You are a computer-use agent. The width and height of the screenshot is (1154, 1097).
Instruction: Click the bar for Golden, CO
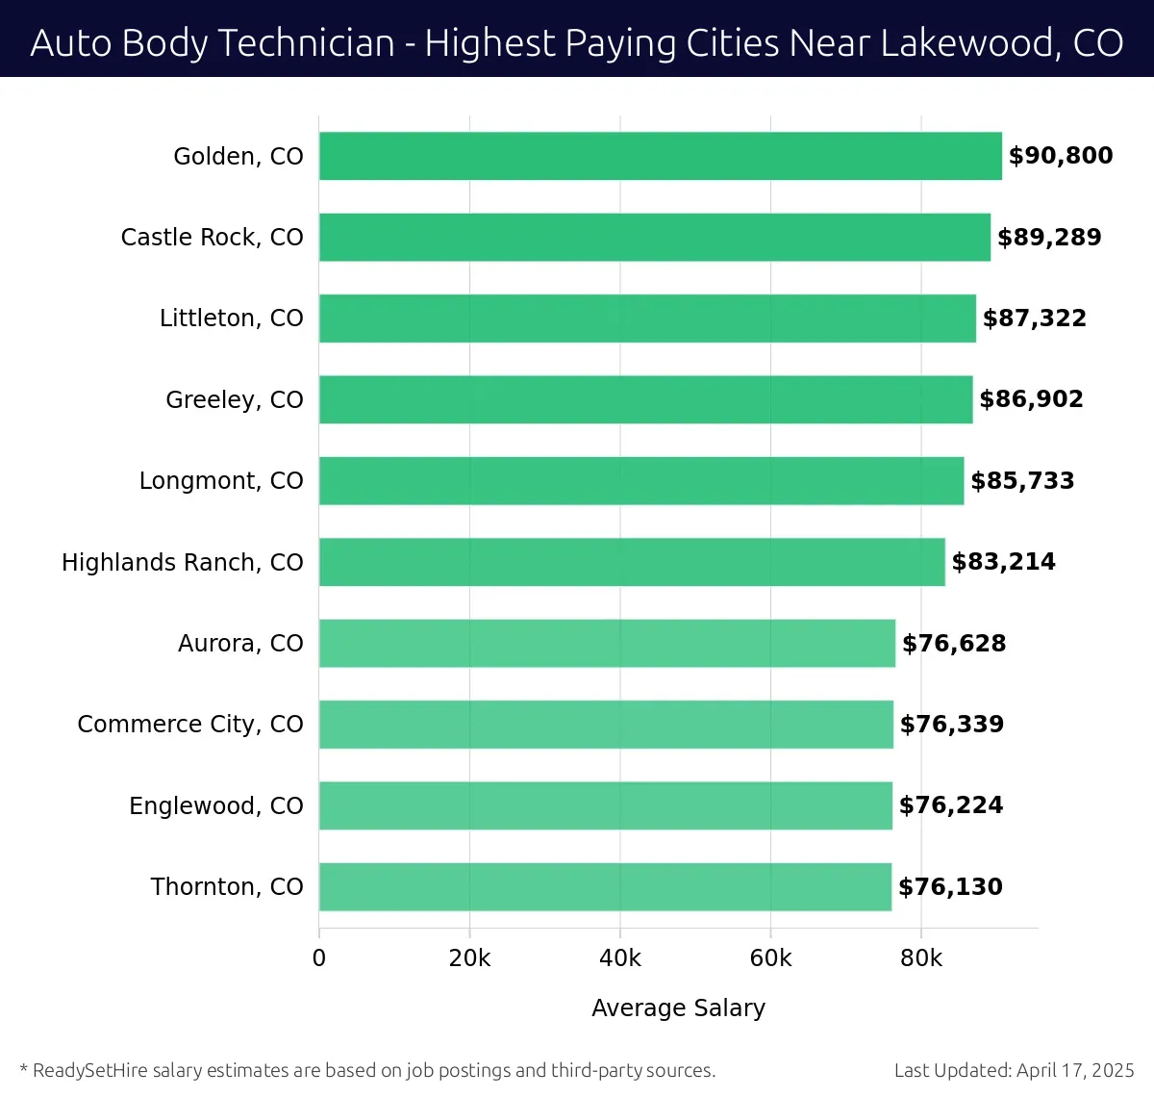660,156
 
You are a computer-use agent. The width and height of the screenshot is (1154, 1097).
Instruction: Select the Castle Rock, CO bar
654,237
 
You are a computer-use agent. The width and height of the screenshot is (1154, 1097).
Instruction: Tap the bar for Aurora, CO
607,643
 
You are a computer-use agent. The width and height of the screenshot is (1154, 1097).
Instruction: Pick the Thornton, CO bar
605,886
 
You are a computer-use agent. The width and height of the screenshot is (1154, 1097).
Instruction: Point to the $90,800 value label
1061,156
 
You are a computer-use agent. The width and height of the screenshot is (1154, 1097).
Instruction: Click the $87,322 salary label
1035,319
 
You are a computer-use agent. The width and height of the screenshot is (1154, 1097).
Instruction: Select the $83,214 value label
1004,562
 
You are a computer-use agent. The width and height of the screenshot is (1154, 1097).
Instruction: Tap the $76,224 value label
951,805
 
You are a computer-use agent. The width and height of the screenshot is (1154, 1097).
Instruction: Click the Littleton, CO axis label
232,319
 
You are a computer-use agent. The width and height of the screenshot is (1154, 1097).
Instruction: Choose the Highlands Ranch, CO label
183,562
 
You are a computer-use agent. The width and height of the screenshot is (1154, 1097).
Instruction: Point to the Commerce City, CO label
190,725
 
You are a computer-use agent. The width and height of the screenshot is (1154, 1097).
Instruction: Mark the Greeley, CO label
235,399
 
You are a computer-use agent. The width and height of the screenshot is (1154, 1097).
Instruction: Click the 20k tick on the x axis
469,958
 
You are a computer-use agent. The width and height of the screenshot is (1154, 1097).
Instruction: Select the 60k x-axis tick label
770,958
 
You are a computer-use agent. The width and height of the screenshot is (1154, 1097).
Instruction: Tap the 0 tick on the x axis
319,958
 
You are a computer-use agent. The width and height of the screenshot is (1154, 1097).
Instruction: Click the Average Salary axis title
678,1008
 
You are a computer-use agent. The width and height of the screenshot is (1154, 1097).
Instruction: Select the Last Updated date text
1015,1070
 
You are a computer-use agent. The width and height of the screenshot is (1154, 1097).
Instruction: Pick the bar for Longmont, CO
641,480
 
